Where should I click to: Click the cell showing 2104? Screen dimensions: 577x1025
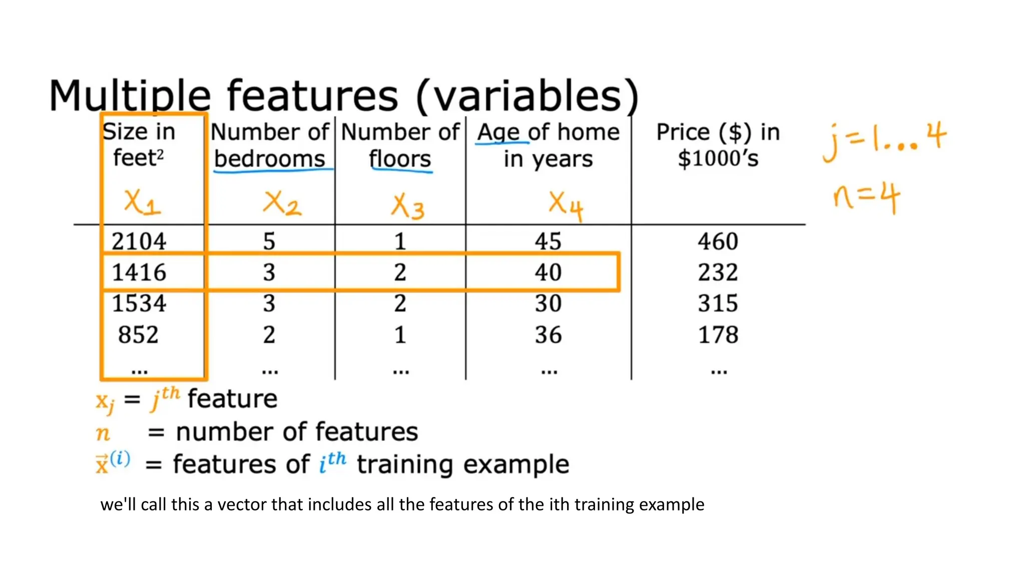(x=139, y=241)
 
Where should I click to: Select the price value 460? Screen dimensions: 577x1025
(x=718, y=241)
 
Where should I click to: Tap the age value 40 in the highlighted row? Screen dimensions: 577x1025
(x=548, y=272)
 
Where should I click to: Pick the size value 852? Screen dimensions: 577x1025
(x=138, y=335)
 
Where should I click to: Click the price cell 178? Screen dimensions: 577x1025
(x=718, y=335)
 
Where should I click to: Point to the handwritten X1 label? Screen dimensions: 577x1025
(x=142, y=203)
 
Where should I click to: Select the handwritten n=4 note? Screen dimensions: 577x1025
(x=866, y=197)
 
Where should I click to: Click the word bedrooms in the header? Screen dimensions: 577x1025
(x=270, y=159)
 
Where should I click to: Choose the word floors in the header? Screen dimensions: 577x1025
(x=400, y=159)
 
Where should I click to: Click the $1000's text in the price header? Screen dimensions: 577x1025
(x=718, y=158)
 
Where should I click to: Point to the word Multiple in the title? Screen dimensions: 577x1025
(x=130, y=96)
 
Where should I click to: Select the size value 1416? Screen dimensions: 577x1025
(x=139, y=272)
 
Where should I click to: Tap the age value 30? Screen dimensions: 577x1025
(x=548, y=304)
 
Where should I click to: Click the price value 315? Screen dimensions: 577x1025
(x=718, y=304)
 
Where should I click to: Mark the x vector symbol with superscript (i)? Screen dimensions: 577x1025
(x=113, y=462)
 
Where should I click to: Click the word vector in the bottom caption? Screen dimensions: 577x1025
(x=242, y=504)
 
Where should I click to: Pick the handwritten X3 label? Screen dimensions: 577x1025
(x=407, y=206)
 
